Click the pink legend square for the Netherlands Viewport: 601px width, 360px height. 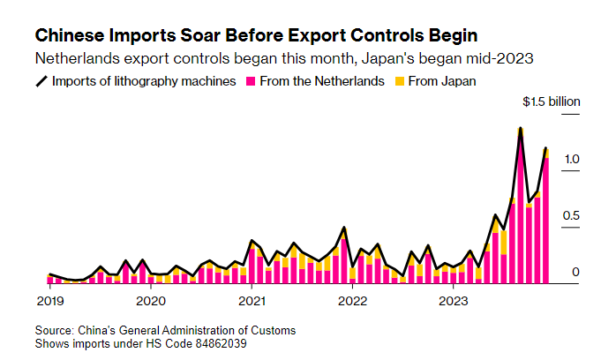[x=250, y=82]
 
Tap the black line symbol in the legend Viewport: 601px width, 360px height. [x=41, y=82]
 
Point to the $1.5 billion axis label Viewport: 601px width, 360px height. [x=552, y=102]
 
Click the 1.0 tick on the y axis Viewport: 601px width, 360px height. [x=571, y=159]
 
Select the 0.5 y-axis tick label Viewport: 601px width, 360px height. [x=571, y=215]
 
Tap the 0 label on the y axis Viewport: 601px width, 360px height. [x=575, y=272]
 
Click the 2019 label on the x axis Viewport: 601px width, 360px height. [x=49, y=301]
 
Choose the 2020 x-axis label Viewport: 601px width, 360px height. [x=151, y=301]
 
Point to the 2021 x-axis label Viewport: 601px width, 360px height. [x=252, y=301]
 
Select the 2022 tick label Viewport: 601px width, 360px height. [x=353, y=301]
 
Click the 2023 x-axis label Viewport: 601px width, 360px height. [x=454, y=301]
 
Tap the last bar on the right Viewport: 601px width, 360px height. [x=546, y=221]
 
